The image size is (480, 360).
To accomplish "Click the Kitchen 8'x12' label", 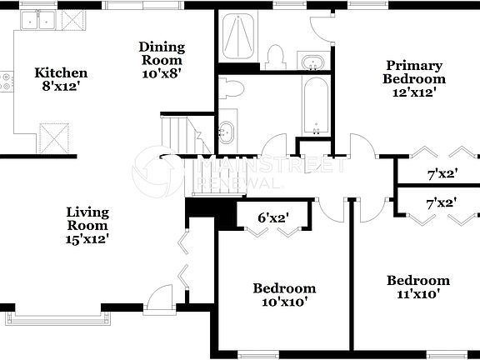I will tap(60, 79).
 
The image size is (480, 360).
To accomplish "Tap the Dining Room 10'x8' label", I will tap(161, 59).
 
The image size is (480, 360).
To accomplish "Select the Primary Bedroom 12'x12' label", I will tap(413, 79).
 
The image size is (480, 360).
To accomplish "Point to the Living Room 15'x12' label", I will tap(87, 225).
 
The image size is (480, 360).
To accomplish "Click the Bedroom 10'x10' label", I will tap(284, 295).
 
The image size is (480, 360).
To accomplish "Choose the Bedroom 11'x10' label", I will tap(417, 287).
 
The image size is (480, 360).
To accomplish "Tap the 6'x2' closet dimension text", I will tap(272, 218).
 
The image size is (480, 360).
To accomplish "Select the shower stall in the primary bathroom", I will tap(240, 37).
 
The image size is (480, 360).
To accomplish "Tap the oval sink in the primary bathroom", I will tap(313, 63).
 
